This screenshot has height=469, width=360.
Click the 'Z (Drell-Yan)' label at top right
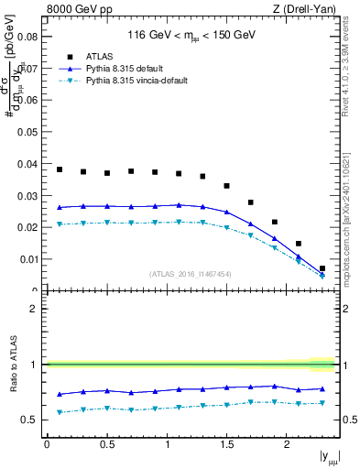click(x=309, y=10)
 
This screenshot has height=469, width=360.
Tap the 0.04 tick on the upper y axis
click(x=29, y=164)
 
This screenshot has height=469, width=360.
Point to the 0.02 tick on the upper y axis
click(x=29, y=227)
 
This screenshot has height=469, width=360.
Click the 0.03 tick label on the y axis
click(x=29, y=196)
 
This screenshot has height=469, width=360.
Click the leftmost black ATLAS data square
click(x=60, y=169)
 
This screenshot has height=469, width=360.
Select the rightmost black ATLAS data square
click(x=322, y=268)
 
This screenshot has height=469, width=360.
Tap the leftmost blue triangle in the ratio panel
click(x=60, y=394)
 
